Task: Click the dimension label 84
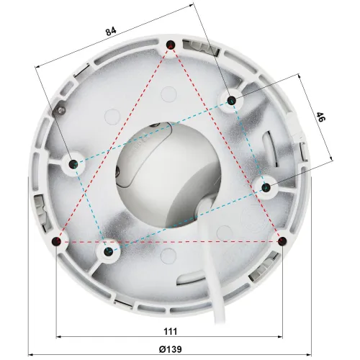111,31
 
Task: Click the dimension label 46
320,117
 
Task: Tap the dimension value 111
171,331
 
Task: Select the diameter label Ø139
170,349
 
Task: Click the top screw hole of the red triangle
171,45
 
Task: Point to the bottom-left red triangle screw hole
57,241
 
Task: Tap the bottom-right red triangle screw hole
282,240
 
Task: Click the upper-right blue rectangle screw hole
231,100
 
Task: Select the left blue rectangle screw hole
73,164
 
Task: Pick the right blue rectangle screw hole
266,187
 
